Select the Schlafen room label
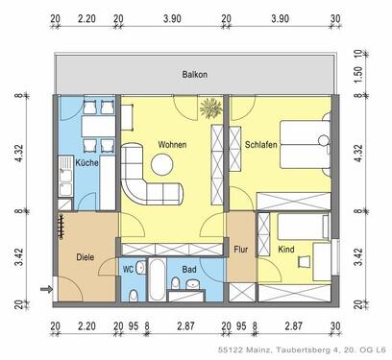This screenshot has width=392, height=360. (261, 144)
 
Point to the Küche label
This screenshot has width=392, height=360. (87, 162)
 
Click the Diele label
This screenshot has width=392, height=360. (86, 256)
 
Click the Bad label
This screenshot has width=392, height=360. (189, 270)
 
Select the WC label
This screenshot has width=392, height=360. (128, 270)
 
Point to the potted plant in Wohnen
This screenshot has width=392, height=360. (209, 110)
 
